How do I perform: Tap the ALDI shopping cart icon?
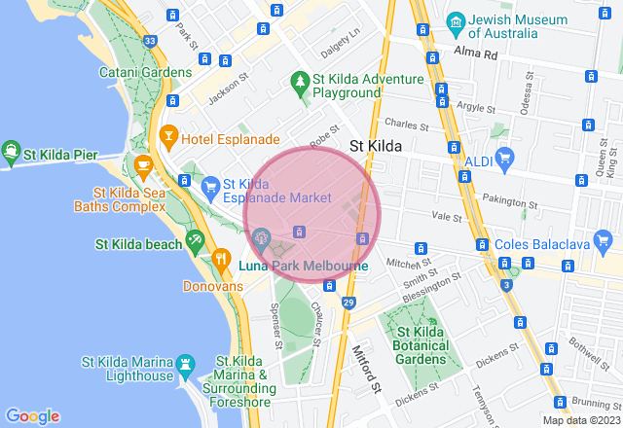504,158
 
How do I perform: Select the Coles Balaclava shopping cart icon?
480,243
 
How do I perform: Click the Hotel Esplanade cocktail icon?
169,134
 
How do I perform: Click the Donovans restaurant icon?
221,263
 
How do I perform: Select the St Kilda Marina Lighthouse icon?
183,364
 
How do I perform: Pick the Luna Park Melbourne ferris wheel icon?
262,235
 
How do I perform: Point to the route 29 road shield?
348,303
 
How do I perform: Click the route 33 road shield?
149,41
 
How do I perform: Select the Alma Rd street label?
478,55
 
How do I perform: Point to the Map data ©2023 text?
580,420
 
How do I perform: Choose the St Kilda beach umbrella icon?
195,240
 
